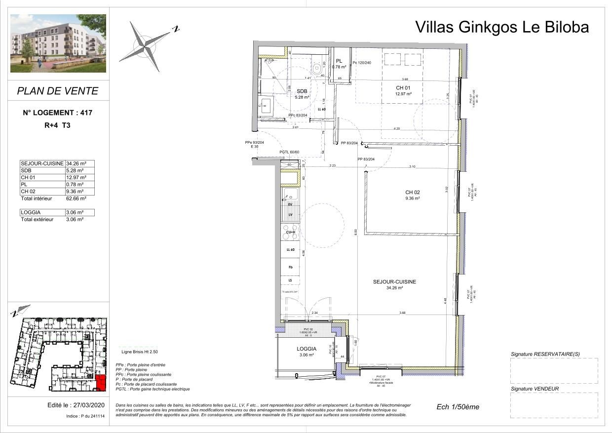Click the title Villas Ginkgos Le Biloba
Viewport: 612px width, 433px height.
tap(502, 27)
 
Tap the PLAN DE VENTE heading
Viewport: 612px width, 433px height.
tap(58, 91)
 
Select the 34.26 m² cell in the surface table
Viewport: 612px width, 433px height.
tap(76, 163)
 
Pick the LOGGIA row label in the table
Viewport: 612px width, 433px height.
tap(31, 212)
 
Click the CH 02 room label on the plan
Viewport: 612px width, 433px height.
tap(412, 193)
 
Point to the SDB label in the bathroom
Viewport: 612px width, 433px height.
tap(302, 91)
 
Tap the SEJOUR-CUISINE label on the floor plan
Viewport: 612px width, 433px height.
tap(394, 282)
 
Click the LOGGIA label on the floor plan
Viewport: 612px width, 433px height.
tap(306, 349)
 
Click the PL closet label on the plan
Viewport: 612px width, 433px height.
tap(339, 61)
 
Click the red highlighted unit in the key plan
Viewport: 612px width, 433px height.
tap(100, 383)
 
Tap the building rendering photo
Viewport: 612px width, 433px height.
tap(58, 43)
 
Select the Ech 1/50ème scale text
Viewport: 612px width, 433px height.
tap(458, 407)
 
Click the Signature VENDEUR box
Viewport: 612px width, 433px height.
tap(554, 405)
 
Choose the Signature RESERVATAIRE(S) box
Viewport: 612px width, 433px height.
tap(554, 371)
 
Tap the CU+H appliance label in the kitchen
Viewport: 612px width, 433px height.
tap(290, 232)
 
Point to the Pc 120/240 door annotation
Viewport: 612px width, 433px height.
tap(362, 63)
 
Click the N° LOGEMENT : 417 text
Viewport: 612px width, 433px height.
tap(58, 113)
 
